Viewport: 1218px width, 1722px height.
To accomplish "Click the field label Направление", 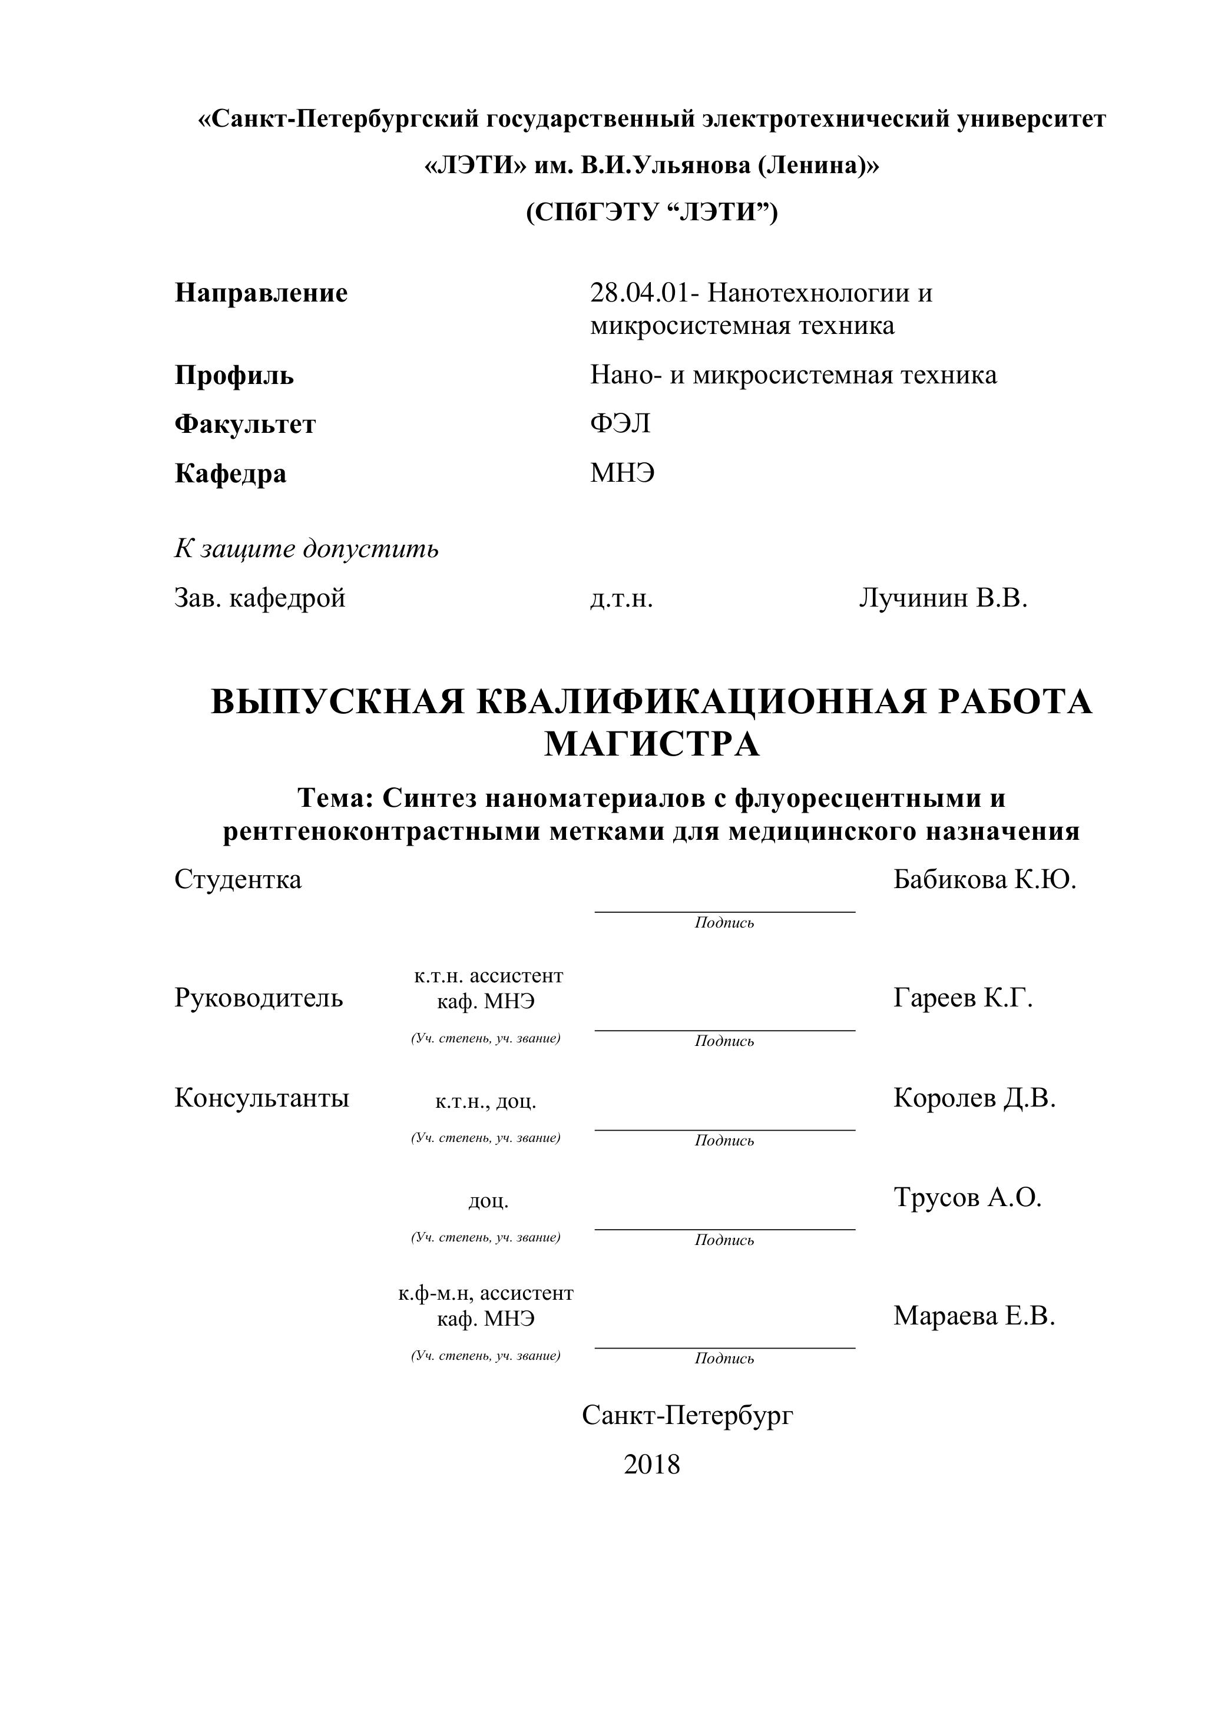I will click(x=261, y=293).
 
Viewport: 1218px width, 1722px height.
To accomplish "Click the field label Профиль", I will click(x=234, y=375).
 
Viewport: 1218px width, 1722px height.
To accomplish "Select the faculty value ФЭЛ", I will click(x=620, y=424).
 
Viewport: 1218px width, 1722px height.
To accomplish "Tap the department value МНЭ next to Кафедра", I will click(x=623, y=473).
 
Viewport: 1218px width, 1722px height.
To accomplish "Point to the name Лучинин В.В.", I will click(x=943, y=598).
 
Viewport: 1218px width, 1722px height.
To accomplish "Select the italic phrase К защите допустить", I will click(x=307, y=549).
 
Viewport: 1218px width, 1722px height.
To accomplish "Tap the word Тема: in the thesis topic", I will click(x=335, y=798).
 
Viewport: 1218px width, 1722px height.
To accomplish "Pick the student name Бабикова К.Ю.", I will click(x=985, y=879).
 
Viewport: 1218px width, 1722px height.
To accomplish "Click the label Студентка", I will click(x=238, y=879).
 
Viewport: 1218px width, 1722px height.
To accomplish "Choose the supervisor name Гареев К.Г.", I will click(x=963, y=998).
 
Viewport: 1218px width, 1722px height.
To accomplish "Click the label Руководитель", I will click(x=259, y=998).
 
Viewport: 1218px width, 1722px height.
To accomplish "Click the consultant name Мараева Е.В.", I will click(x=974, y=1316).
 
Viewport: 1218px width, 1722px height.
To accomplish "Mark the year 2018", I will click(x=652, y=1465).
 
